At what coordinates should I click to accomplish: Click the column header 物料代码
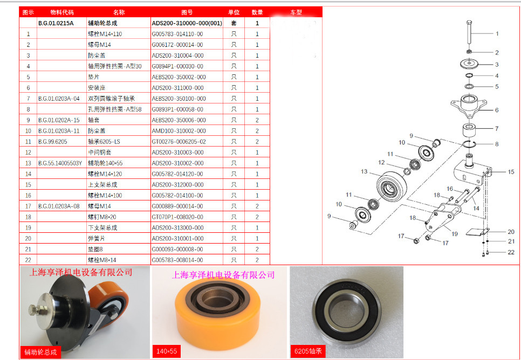click(x=62, y=12)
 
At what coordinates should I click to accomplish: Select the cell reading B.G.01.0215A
click(x=56, y=23)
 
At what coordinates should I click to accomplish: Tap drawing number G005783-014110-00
click(x=177, y=34)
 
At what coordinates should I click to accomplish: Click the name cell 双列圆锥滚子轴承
click(x=111, y=99)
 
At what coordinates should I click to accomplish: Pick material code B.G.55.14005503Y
click(x=60, y=163)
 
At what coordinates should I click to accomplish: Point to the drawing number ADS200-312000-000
click(x=178, y=185)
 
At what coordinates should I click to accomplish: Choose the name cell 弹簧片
click(x=97, y=238)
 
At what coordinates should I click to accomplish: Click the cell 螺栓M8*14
click(x=102, y=260)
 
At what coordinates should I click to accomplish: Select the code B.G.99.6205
click(x=52, y=142)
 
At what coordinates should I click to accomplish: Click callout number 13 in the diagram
click(x=364, y=171)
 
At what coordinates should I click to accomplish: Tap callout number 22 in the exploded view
click(x=511, y=252)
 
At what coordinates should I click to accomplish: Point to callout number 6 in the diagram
click(x=497, y=110)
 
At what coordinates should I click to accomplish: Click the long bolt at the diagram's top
click(x=469, y=32)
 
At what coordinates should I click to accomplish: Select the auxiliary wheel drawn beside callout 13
click(x=392, y=186)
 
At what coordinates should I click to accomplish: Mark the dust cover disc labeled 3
click(x=469, y=64)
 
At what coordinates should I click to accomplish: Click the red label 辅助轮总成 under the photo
click(x=40, y=352)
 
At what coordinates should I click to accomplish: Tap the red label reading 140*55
click(x=167, y=351)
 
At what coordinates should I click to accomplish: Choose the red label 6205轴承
click(x=308, y=351)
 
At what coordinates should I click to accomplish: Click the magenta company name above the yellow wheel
click(x=223, y=275)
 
